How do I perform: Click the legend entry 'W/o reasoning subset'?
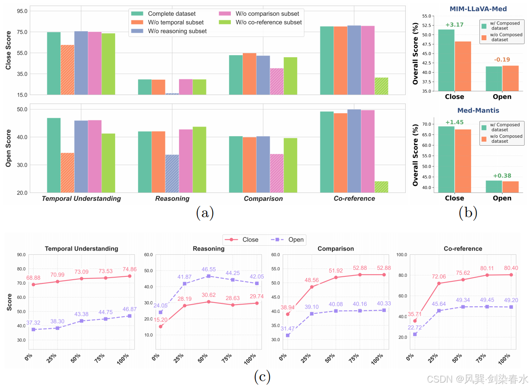[169, 31]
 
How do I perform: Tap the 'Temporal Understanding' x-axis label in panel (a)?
[81, 198]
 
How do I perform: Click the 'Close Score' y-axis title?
[8, 53]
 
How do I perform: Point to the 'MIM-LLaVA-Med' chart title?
[478, 9]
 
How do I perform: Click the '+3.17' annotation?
[455, 25]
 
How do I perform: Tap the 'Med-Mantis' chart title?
[478, 110]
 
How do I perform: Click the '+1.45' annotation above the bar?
[455, 122]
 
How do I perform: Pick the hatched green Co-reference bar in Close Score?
[381, 86]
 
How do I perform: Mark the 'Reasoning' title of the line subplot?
[208, 249]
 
